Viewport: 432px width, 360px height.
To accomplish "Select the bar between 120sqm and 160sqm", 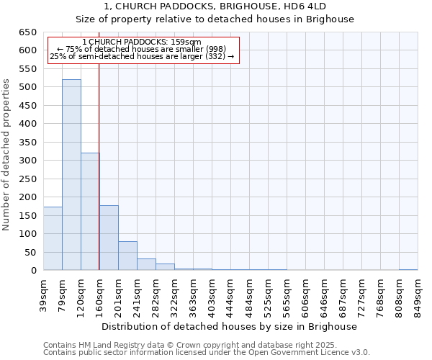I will [x=90, y=212].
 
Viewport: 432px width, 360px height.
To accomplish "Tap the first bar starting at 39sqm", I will [x=53, y=238].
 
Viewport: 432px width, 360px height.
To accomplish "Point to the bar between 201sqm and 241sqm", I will [x=127, y=256].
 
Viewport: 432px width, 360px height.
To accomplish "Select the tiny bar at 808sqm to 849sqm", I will [x=408, y=269].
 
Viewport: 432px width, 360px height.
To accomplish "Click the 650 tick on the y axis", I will [x=27, y=32].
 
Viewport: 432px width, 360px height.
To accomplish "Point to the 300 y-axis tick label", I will [x=27, y=161].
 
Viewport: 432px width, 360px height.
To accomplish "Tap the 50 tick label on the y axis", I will [x=30, y=253].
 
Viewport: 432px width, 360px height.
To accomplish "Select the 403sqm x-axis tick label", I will [x=212, y=294].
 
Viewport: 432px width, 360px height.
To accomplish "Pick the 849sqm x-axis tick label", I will [x=418, y=294].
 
